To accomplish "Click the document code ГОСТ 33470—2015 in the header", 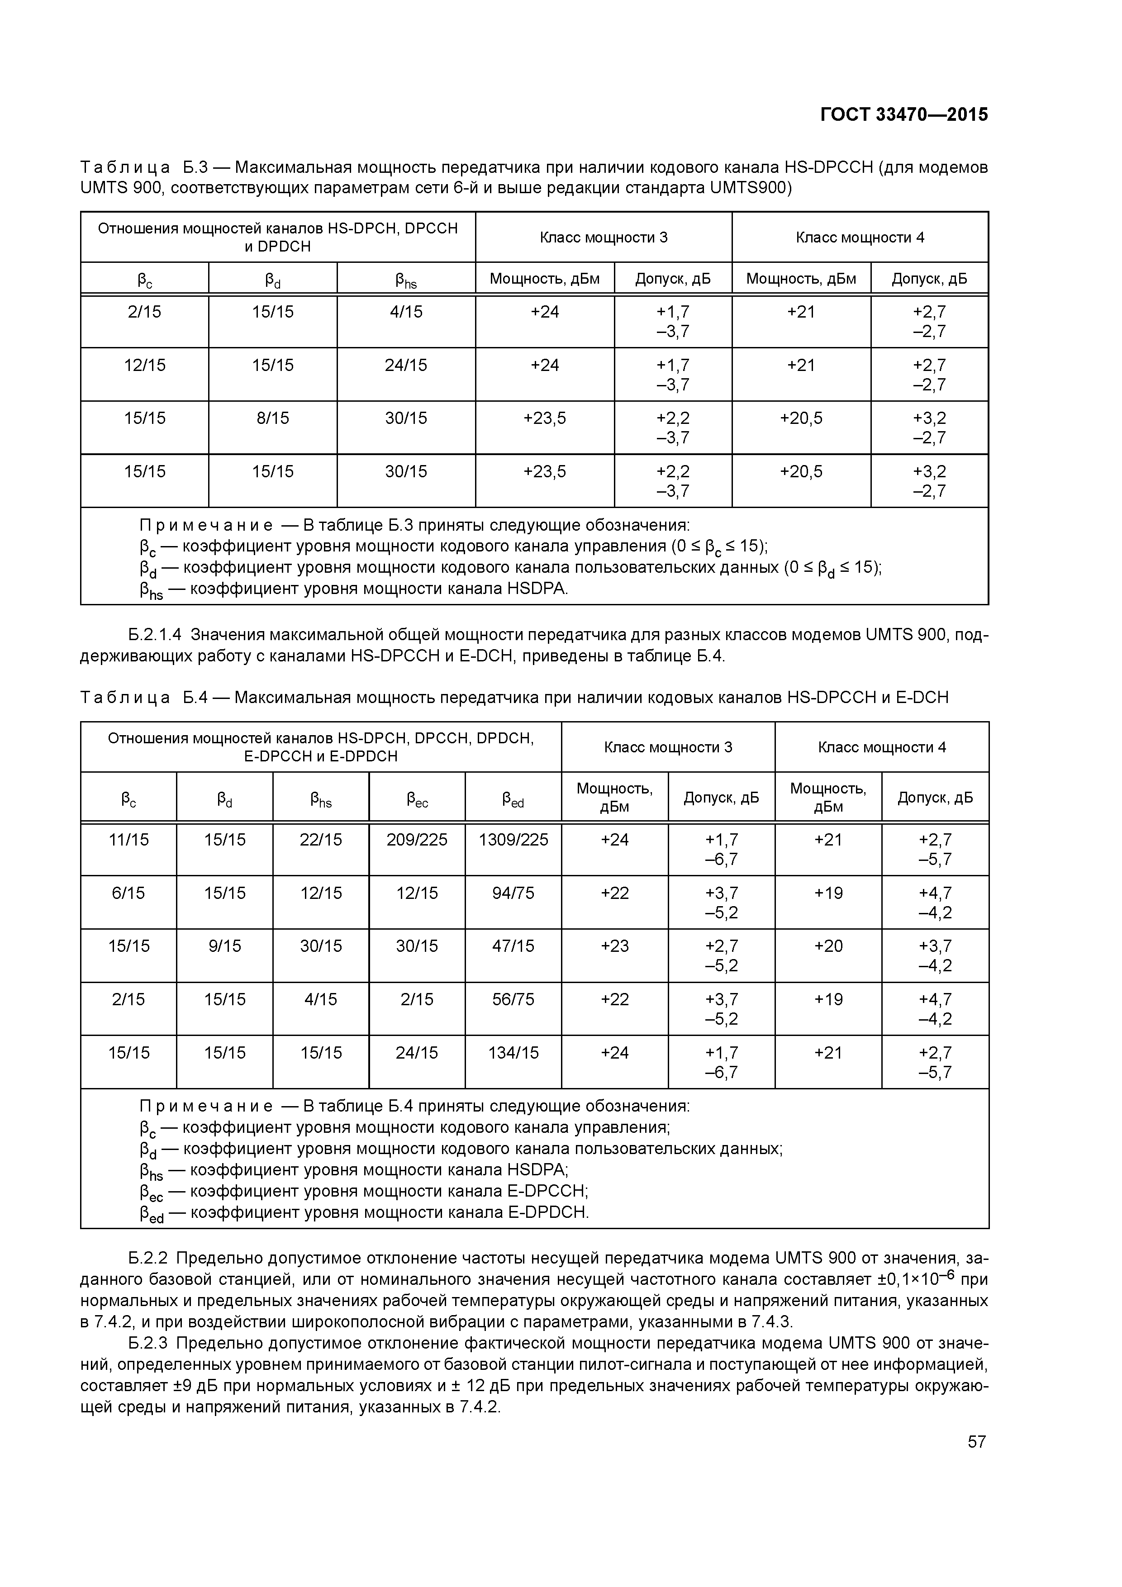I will coord(903,115).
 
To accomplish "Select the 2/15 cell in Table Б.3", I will coord(144,312).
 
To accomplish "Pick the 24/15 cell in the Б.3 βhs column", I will coord(406,365).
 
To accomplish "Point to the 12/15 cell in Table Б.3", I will coord(144,365).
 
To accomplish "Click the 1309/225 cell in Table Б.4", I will coord(513,840).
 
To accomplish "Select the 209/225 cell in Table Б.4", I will coord(417,840).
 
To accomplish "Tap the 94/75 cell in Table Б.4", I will coord(513,893).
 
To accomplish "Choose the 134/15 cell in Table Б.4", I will coord(513,1053).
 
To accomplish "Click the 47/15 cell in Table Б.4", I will coord(513,946).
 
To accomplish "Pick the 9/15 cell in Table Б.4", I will coord(225,946).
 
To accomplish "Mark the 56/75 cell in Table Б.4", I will coord(513,999).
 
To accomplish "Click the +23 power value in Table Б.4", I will coord(614,946).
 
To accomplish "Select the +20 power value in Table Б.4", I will coord(828,946).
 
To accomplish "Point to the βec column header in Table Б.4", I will coord(417,800).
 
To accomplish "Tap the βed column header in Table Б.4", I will coord(513,800).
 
